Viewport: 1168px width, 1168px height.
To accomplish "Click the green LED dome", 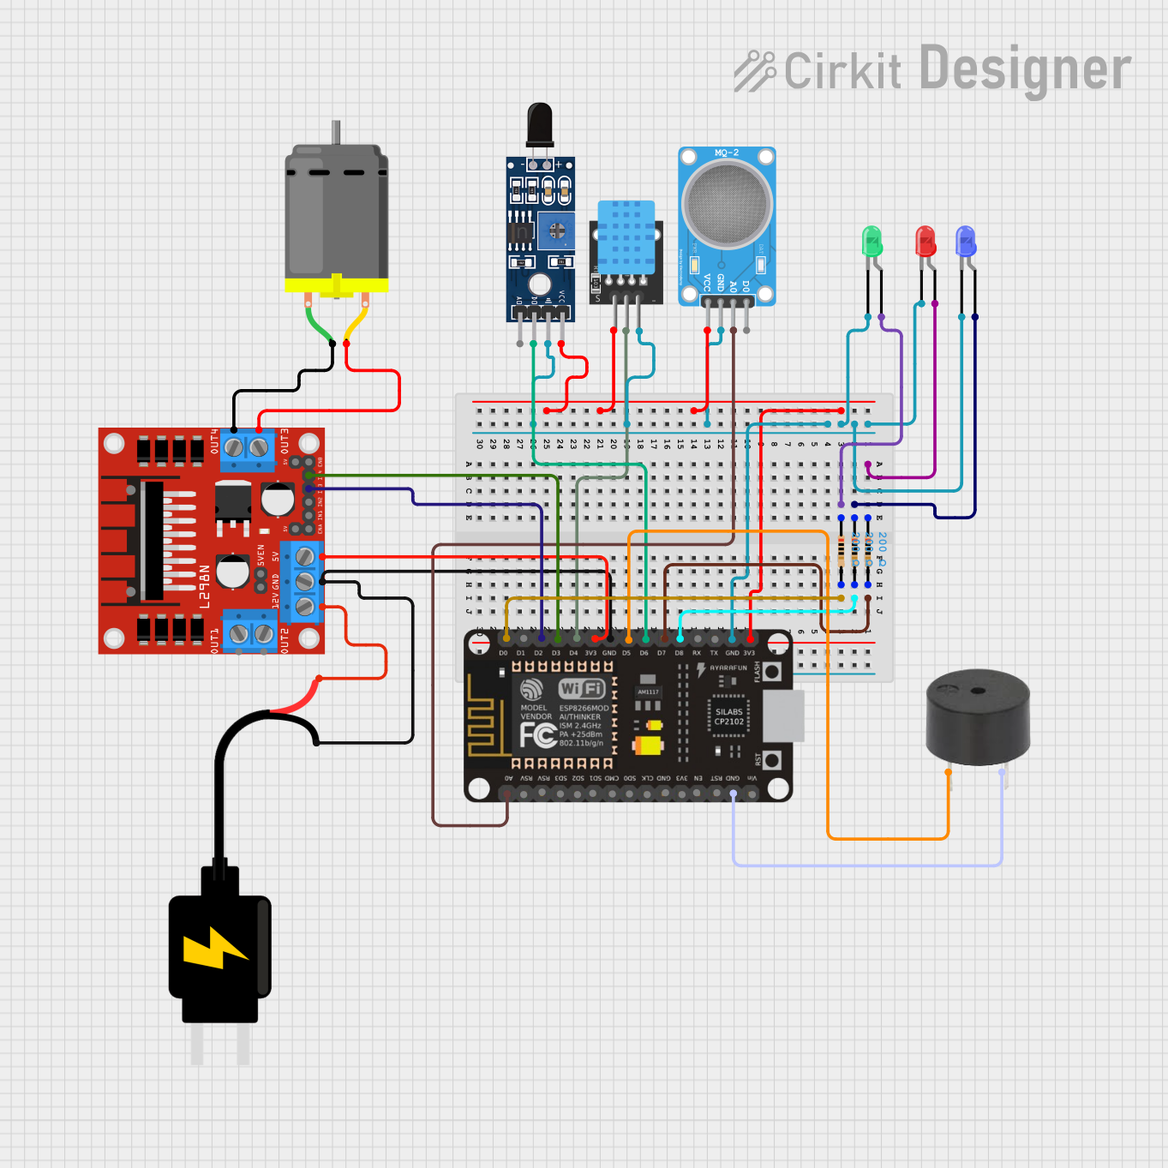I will click(x=872, y=240).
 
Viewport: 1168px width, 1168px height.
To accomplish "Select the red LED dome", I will click(x=925, y=240).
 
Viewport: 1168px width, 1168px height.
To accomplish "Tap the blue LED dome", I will click(x=966, y=241).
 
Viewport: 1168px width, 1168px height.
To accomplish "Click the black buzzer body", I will click(x=978, y=716).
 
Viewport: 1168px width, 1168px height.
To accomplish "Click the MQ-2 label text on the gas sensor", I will click(x=727, y=153).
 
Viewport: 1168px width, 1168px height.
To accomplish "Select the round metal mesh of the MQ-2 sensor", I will click(x=728, y=204).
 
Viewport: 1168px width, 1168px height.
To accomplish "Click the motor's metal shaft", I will click(x=337, y=132).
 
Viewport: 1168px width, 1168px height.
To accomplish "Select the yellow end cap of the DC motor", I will click(x=336, y=285).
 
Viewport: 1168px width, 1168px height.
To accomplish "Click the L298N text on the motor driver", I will click(x=205, y=587).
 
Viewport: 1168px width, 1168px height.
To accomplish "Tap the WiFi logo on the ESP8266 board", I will click(x=582, y=688).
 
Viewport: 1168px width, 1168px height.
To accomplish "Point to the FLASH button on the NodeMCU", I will click(x=772, y=672).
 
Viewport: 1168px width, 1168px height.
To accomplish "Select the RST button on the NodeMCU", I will click(x=772, y=760).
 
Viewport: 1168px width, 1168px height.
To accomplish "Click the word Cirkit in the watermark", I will click(x=842, y=71).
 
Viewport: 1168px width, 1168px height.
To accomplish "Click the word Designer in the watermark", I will click(x=1025, y=70).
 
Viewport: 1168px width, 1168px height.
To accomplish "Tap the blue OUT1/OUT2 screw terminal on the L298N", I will click(x=250, y=633).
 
